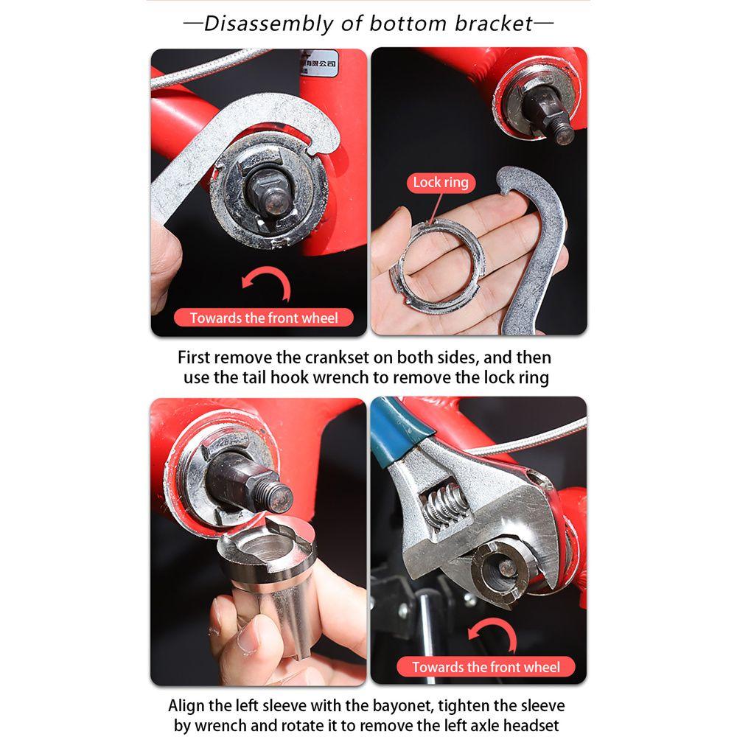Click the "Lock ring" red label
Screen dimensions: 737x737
tap(441, 182)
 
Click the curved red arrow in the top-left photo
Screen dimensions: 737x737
tap(267, 284)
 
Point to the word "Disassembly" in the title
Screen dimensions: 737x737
tap(268, 24)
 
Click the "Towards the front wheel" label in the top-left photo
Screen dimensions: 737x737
tap(264, 318)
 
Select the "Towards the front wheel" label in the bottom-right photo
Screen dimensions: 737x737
tap(486, 668)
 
